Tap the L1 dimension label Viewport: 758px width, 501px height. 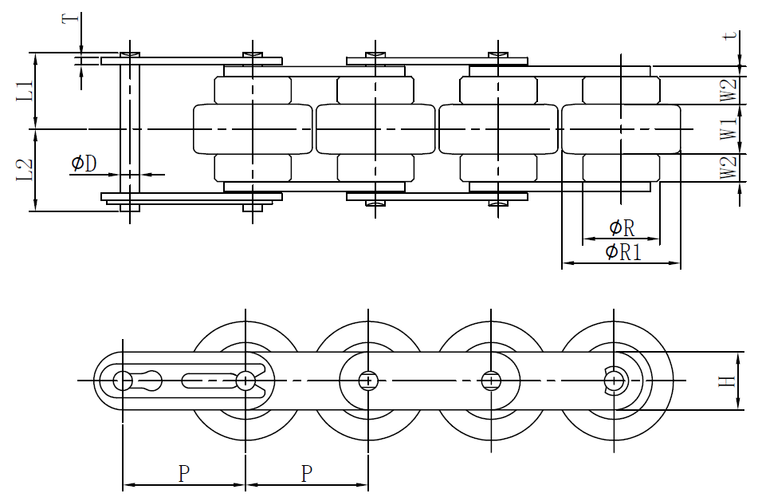25,90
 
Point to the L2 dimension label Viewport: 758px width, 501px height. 25,170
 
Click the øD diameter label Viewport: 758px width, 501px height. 84,164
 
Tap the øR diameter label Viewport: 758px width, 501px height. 621,228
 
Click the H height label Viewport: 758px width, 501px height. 727,382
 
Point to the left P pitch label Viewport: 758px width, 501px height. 183,474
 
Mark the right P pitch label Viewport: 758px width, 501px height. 307,474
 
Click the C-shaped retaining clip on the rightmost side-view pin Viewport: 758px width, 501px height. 614,381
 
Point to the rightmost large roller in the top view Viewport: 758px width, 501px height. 622,128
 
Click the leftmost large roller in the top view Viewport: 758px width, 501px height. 253,128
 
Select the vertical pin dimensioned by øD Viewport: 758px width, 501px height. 130,128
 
